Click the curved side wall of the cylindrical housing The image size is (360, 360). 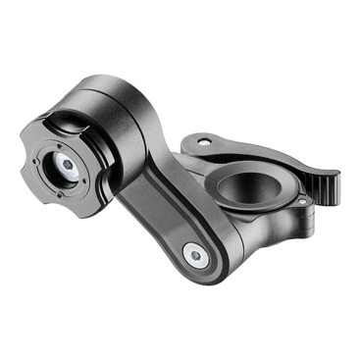click(137, 128)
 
